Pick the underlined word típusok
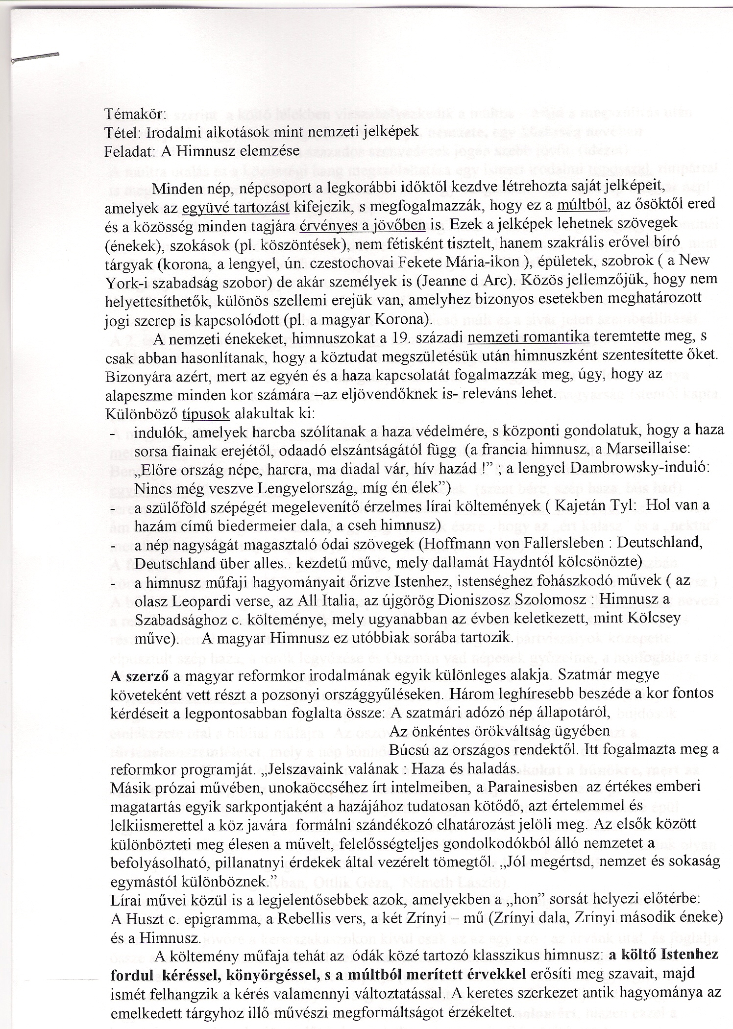(x=206, y=413)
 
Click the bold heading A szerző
(x=140, y=675)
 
